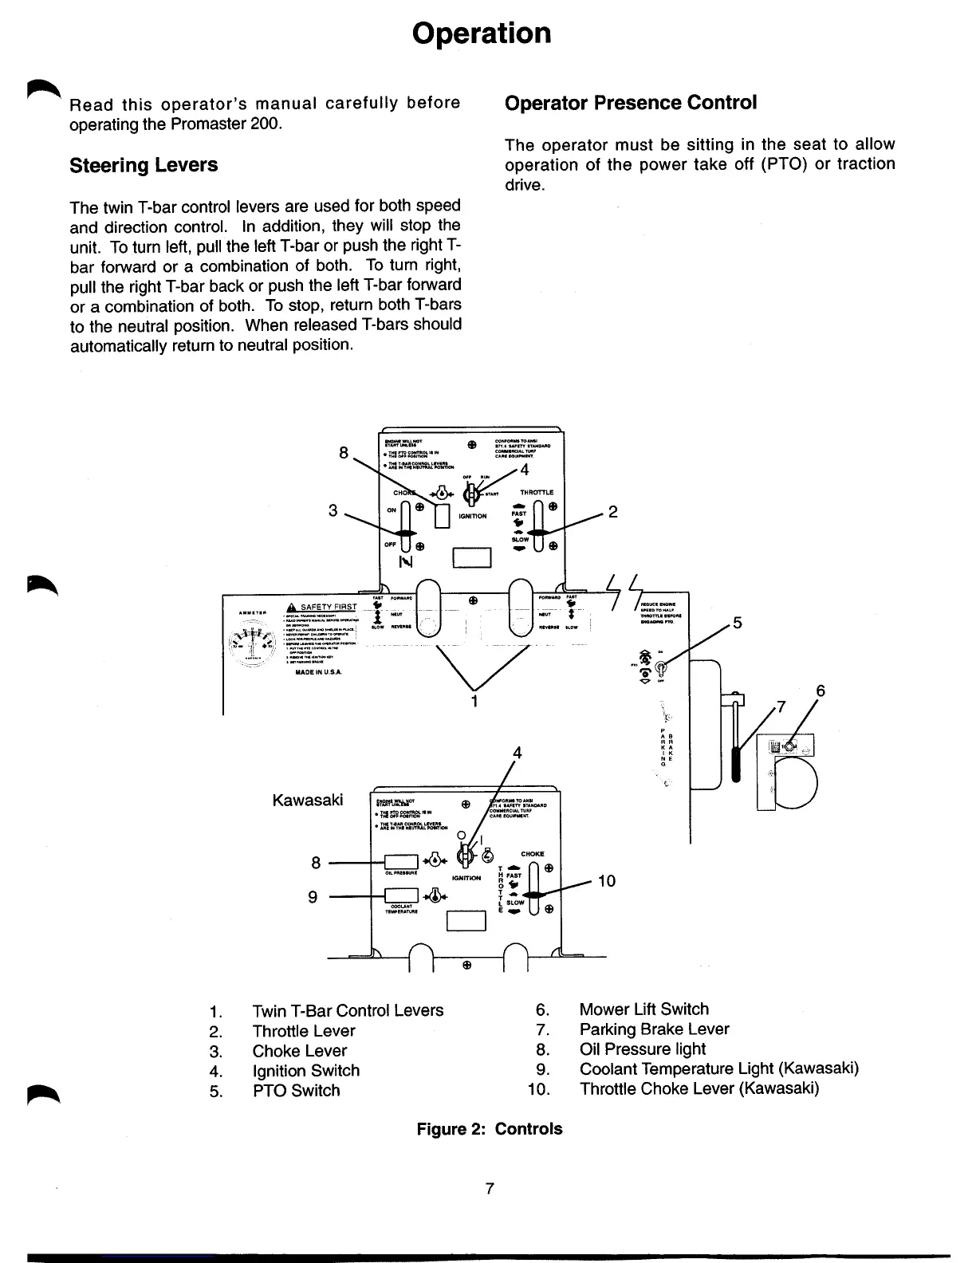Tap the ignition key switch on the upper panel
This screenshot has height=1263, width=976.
coord(472,494)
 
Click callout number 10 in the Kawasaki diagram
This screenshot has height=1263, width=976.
coord(606,880)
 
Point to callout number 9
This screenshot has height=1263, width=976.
coord(313,897)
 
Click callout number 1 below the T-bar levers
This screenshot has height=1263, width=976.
coord(475,702)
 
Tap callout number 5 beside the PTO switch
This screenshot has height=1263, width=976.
coord(738,623)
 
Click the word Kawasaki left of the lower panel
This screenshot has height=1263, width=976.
coord(308,800)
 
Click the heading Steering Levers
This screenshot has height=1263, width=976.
coord(144,165)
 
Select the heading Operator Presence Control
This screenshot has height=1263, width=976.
coord(630,103)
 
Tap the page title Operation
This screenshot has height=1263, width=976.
coord(482,33)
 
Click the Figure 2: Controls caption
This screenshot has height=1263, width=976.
coord(490,1129)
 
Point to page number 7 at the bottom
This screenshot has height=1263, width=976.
coord(490,1189)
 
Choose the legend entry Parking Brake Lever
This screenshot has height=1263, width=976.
coord(654,1029)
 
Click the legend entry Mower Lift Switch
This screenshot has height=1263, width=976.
coord(643,1009)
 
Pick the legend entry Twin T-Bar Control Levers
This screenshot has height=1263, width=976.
coord(348,1010)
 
